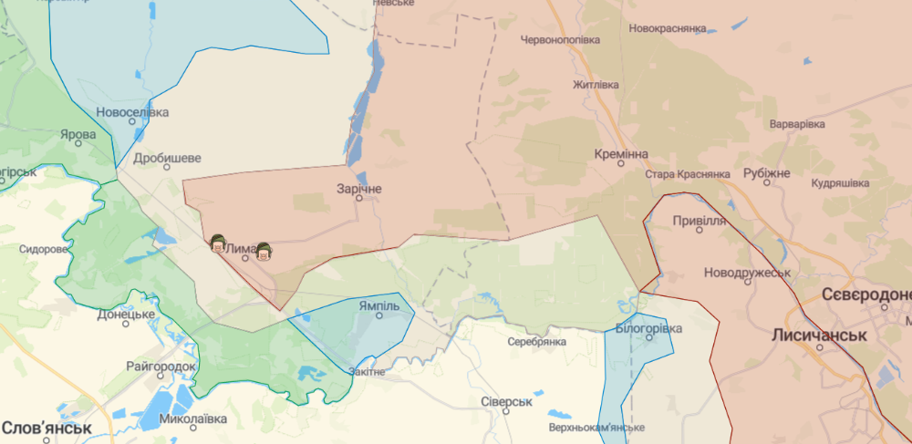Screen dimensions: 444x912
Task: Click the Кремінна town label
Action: point(620,154)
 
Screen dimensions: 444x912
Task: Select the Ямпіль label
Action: point(378,305)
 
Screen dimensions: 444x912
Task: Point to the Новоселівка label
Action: point(133,112)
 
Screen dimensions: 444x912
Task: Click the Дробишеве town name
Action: point(167,157)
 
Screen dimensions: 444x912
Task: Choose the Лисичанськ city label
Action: point(818,335)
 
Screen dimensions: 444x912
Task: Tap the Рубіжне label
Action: point(766,173)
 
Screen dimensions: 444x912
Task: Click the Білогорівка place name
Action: point(648,326)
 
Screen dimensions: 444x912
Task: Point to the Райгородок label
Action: point(161,366)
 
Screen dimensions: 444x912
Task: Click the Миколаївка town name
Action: point(192,419)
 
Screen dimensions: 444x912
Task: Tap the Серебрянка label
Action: point(537,341)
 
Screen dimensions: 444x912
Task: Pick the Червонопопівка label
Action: point(561,40)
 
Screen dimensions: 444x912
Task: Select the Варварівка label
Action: point(797,123)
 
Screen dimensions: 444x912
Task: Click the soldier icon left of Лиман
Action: point(218,243)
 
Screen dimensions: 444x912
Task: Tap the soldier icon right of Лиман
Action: point(264,251)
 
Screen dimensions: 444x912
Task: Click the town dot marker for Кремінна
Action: point(620,167)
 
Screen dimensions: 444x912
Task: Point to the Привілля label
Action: point(699,221)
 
